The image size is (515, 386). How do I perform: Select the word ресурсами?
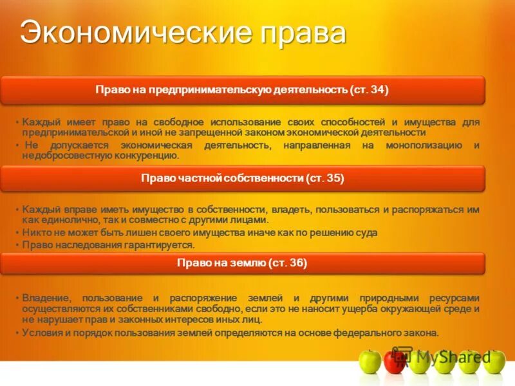point(454,299)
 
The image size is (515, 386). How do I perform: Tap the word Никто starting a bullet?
point(35,232)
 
